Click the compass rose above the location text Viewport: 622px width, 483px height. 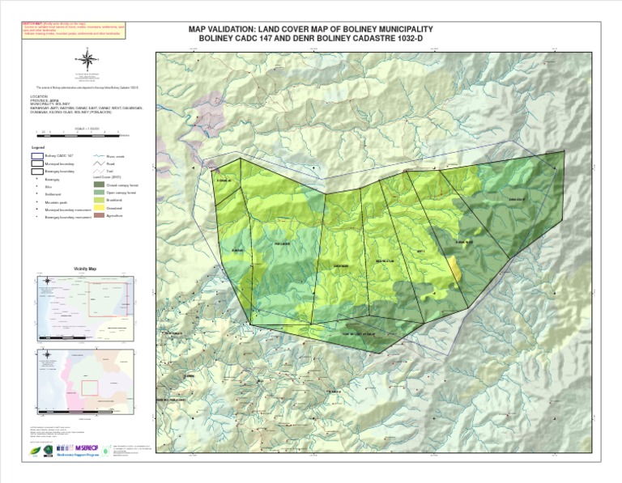pos(87,58)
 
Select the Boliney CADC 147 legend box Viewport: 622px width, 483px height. pos(38,155)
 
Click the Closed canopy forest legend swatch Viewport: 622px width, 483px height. pos(99,185)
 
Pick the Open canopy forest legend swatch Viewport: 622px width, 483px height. pos(99,193)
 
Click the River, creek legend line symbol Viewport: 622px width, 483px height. pos(99,155)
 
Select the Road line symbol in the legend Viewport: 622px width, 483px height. pos(99,163)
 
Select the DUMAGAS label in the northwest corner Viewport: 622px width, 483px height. pos(224,180)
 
